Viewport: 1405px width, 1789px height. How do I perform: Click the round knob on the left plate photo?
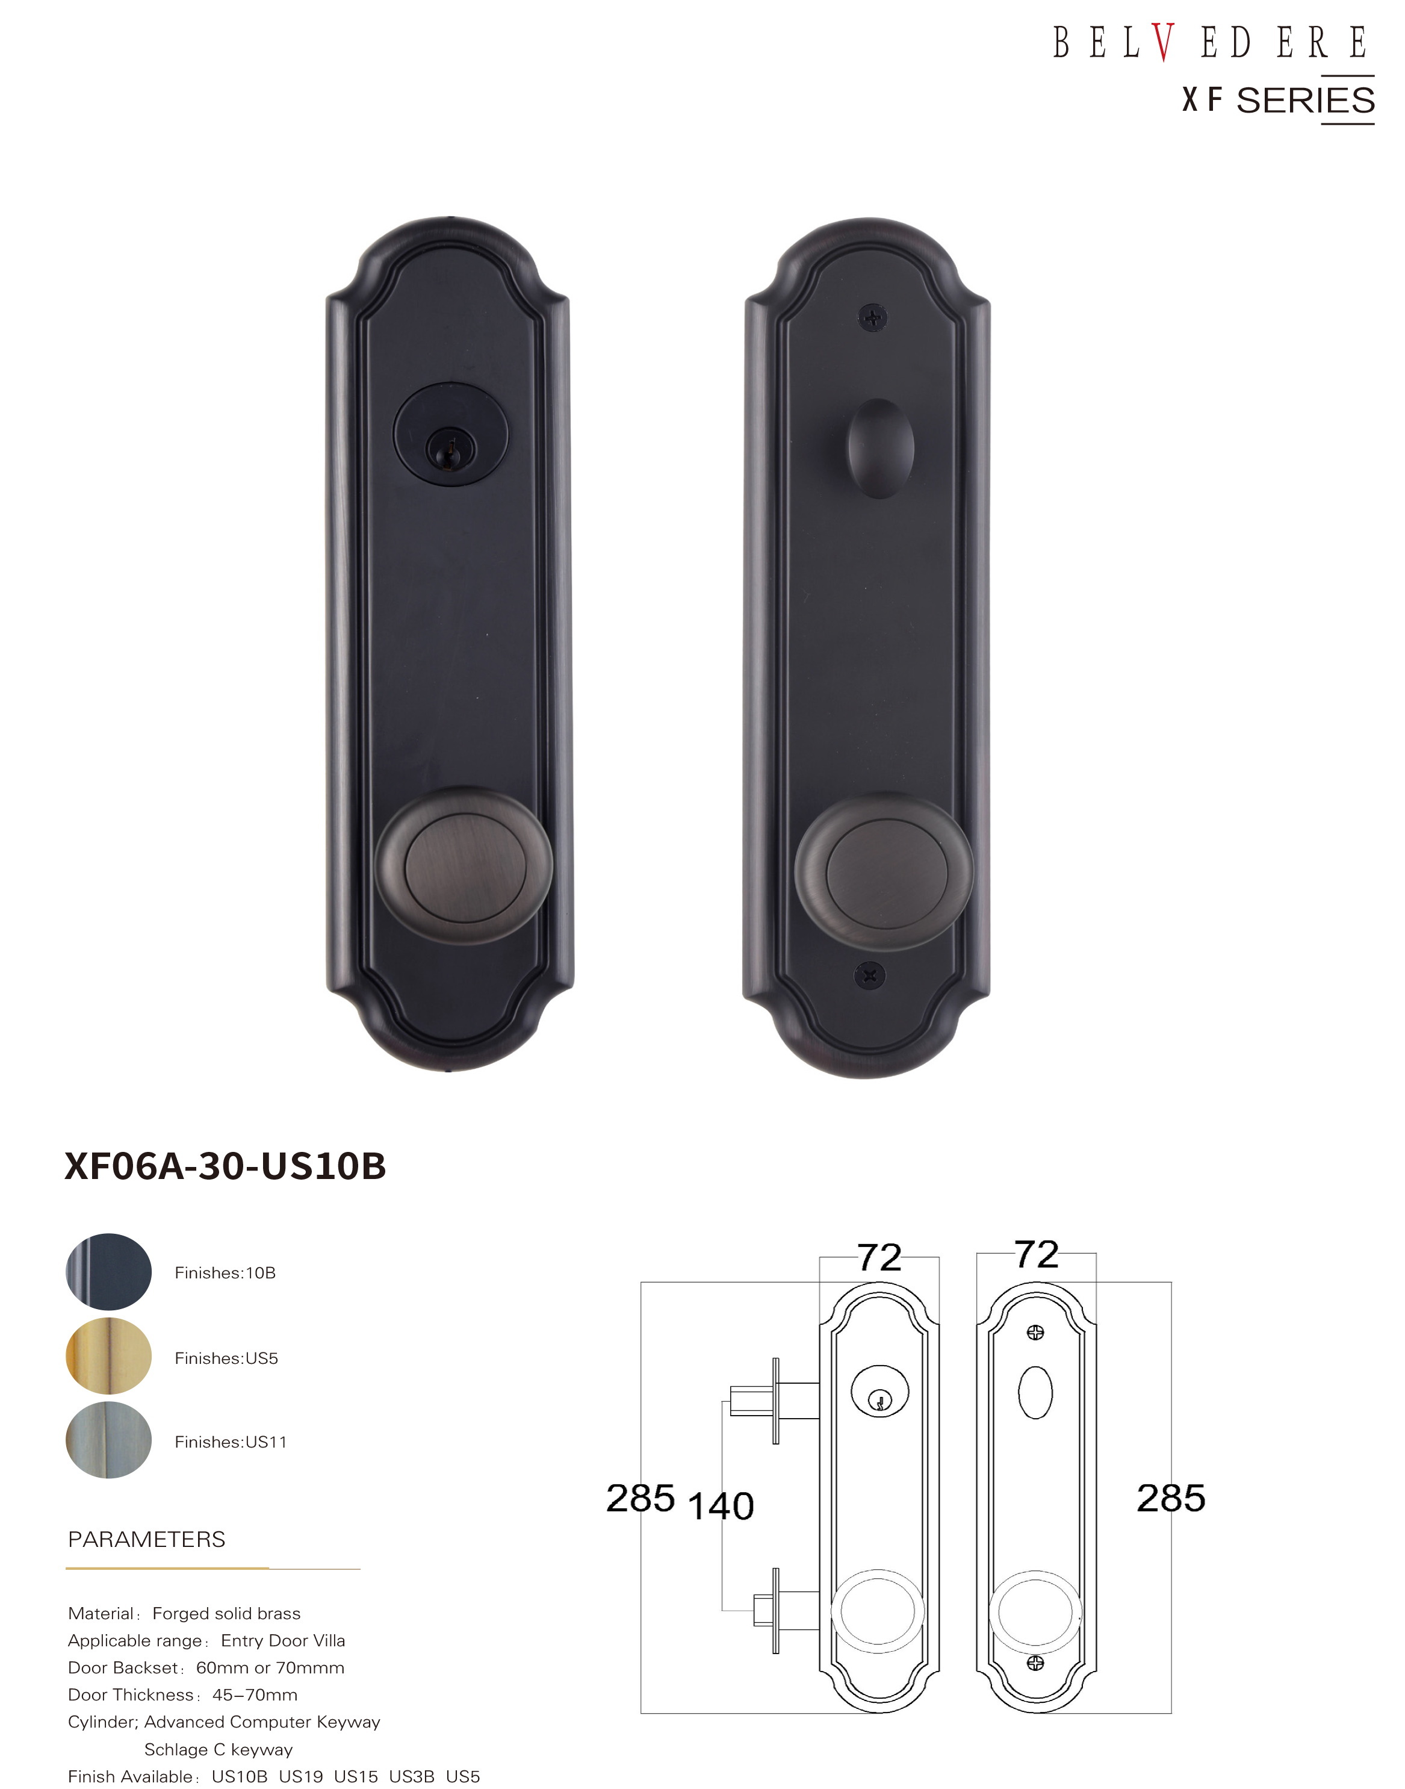pyautogui.click(x=464, y=866)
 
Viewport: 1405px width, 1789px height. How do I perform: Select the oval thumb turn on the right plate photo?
pyautogui.click(x=881, y=449)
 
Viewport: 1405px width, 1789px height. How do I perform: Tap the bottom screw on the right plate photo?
pyautogui.click(x=871, y=976)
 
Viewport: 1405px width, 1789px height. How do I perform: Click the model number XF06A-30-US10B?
pyautogui.click(x=225, y=1166)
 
